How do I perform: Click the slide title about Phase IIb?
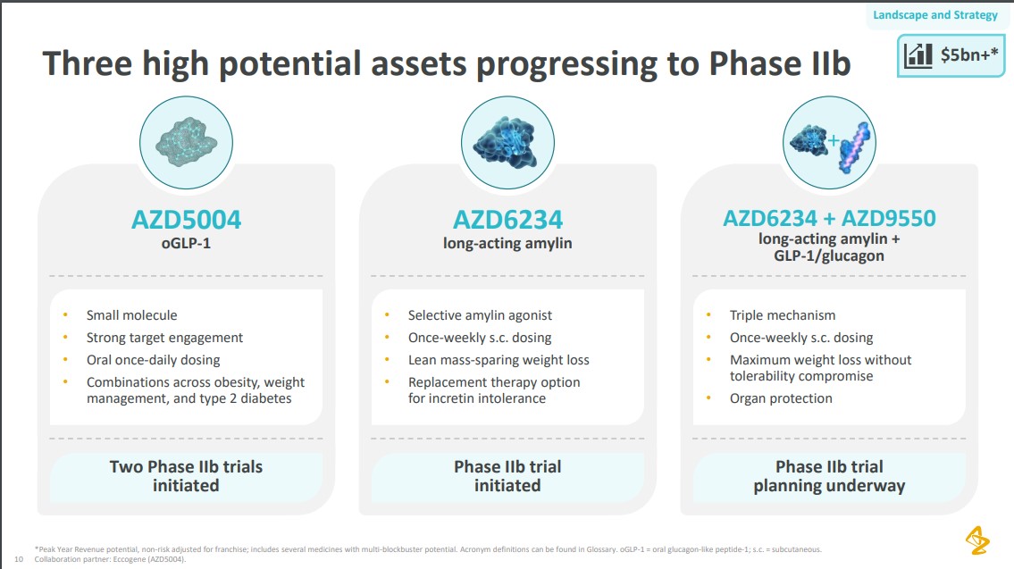tap(447, 64)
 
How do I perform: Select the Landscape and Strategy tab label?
tap(935, 15)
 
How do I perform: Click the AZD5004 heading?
tap(186, 220)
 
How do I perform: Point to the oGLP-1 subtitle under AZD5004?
tap(186, 244)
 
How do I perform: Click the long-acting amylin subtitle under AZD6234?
tap(507, 244)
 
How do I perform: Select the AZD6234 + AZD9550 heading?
tap(829, 220)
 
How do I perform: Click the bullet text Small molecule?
tap(131, 315)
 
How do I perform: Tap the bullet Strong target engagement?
tap(164, 338)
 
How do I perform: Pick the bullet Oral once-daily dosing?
tap(153, 360)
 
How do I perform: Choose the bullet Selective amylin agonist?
tap(480, 315)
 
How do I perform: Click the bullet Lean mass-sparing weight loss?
tap(499, 360)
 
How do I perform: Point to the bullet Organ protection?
tap(781, 398)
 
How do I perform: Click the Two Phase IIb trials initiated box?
tap(186, 476)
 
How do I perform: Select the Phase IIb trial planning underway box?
tap(829, 476)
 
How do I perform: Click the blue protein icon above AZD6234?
tap(507, 141)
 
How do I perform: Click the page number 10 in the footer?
tap(19, 560)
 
